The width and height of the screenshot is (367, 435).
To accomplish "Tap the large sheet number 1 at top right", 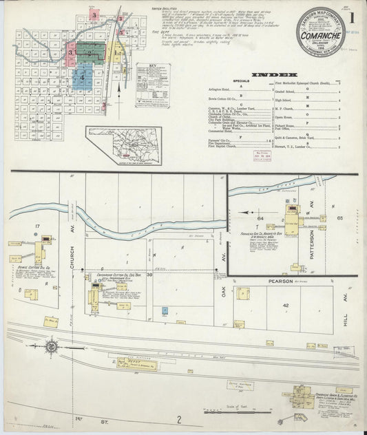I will [x=353, y=16].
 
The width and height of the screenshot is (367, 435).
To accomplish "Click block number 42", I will [x=284, y=305].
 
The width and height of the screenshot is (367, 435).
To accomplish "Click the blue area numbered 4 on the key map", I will [x=84, y=78].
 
